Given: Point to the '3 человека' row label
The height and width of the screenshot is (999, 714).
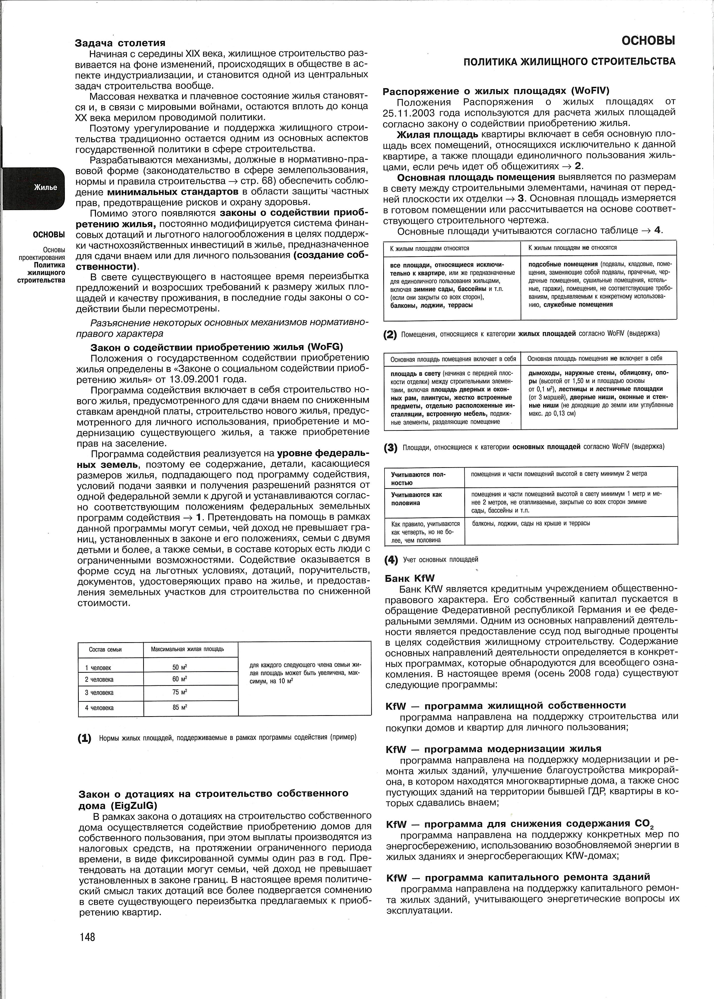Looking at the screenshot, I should pyautogui.click(x=99, y=692).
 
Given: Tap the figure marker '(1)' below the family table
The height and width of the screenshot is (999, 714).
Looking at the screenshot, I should pyautogui.click(x=84, y=738).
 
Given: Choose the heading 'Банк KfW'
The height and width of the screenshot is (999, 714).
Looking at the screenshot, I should pyautogui.click(x=410, y=578).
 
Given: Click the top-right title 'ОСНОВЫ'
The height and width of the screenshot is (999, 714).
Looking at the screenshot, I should pyautogui.click(x=648, y=41).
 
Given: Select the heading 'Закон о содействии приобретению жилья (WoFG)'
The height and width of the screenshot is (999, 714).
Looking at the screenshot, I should pyautogui.click(x=217, y=346).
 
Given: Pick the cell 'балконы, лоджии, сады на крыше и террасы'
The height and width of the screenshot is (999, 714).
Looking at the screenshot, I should pyautogui.click(x=531, y=524).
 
